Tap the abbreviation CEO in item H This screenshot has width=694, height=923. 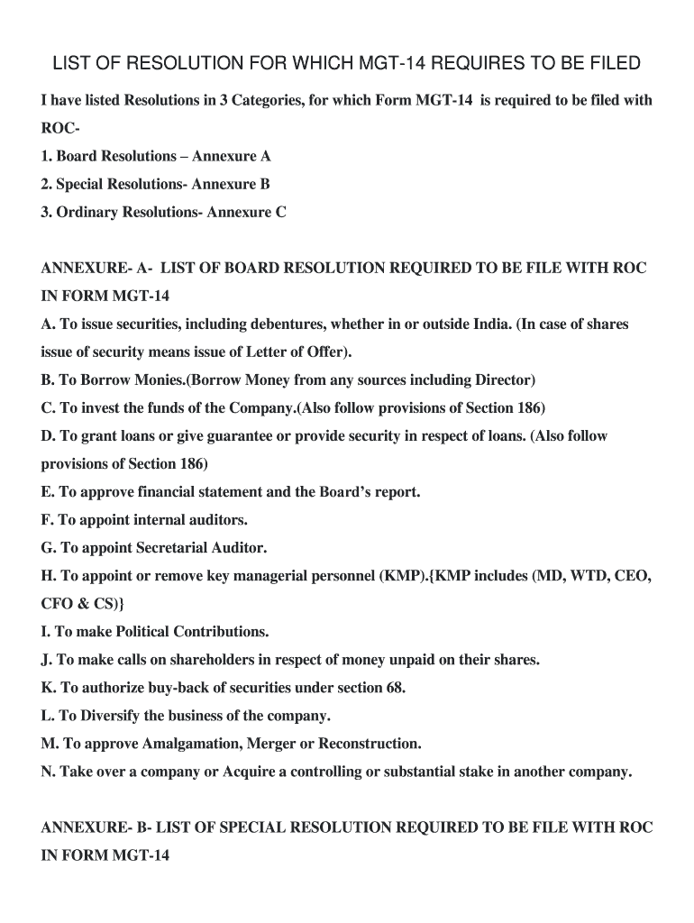click(x=633, y=576)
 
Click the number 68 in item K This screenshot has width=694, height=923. click(x=394, y=688)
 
